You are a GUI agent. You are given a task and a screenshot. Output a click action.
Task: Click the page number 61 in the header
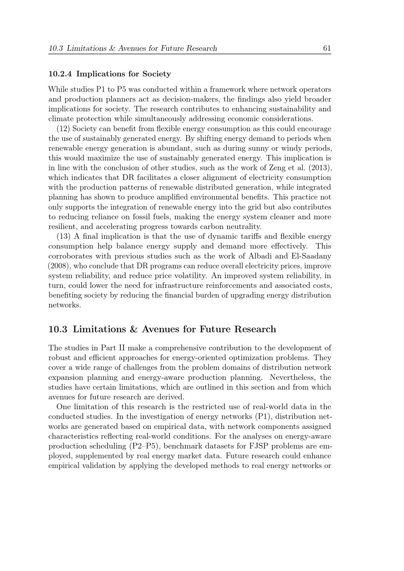pyautogui.click(x=327, y=48)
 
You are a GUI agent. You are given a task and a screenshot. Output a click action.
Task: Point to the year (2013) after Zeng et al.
pyautogui.click(x=319, y=168)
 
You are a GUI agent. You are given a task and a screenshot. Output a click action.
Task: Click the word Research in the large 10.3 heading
pyautogui.click(x=256, y=330)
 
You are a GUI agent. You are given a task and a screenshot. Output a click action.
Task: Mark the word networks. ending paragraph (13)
pyautogui.click(x=65, y=305)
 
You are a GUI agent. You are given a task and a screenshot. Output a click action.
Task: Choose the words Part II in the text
pyautogui.click(x=114, y=348)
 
